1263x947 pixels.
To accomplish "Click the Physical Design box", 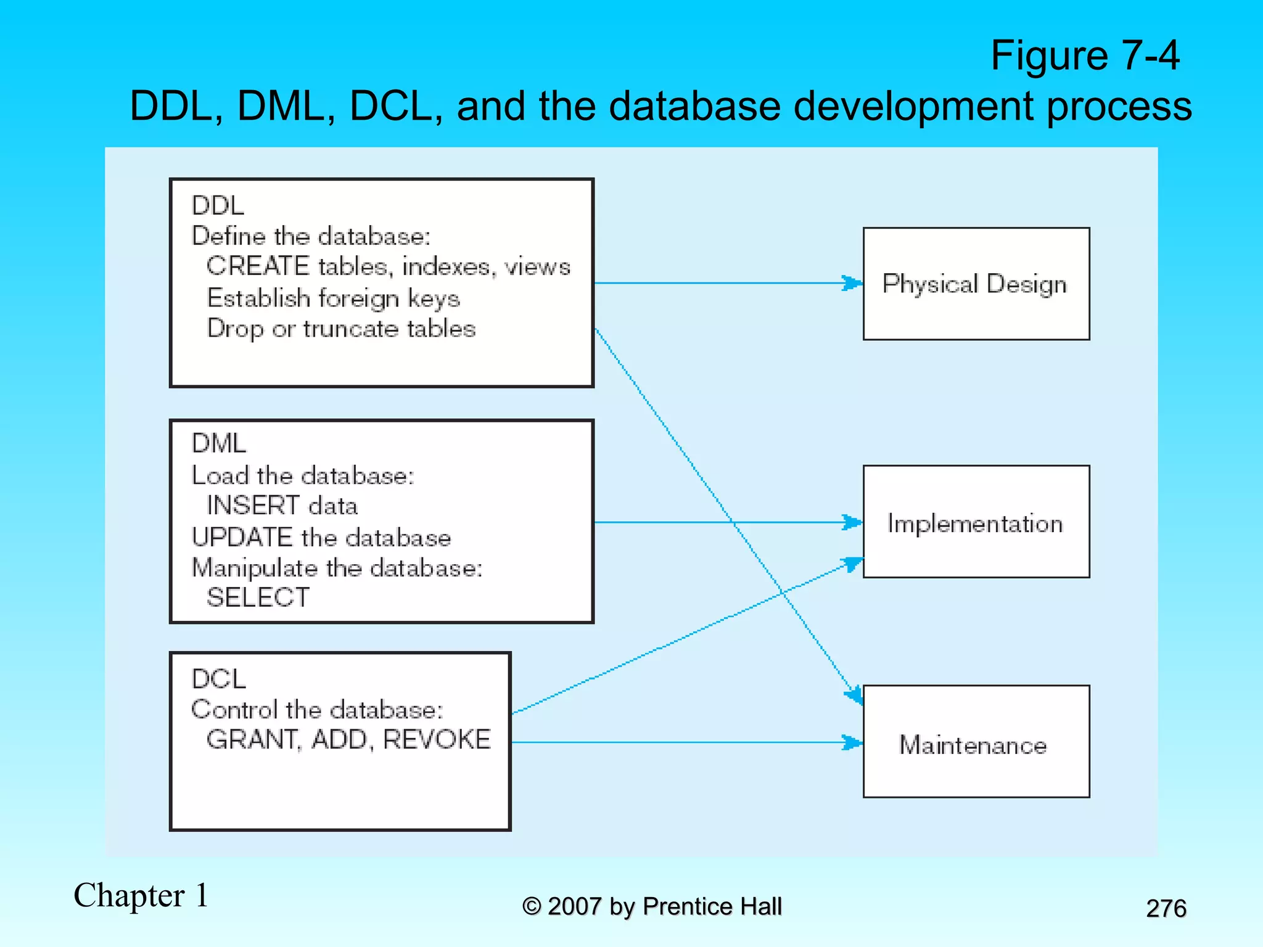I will pos(976,284).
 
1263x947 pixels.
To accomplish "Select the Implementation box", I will pos(976,522).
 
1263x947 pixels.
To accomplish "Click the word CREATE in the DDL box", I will pos(258,266).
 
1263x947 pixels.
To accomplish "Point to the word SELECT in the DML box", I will pos(258,597).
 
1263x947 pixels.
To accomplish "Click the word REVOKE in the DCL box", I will pos(437,739).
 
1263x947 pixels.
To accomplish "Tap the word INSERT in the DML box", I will pos(253,506).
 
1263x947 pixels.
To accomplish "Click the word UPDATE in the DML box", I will pos(242,537).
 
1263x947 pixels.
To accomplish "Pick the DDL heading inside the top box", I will pos(218,206).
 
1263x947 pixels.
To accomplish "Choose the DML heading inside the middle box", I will pos(219,443).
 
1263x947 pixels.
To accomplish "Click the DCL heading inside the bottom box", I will pos(219,679).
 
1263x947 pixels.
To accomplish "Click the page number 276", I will pos(1166,908).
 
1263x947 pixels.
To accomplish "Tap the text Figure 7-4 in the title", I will pos(1084,55).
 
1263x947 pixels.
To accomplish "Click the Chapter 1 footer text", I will pos(141,895).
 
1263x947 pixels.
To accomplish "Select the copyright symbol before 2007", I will pos(532,906).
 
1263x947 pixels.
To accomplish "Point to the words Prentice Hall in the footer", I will pos(712,906).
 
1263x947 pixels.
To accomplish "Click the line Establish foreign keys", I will pos(333,298).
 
